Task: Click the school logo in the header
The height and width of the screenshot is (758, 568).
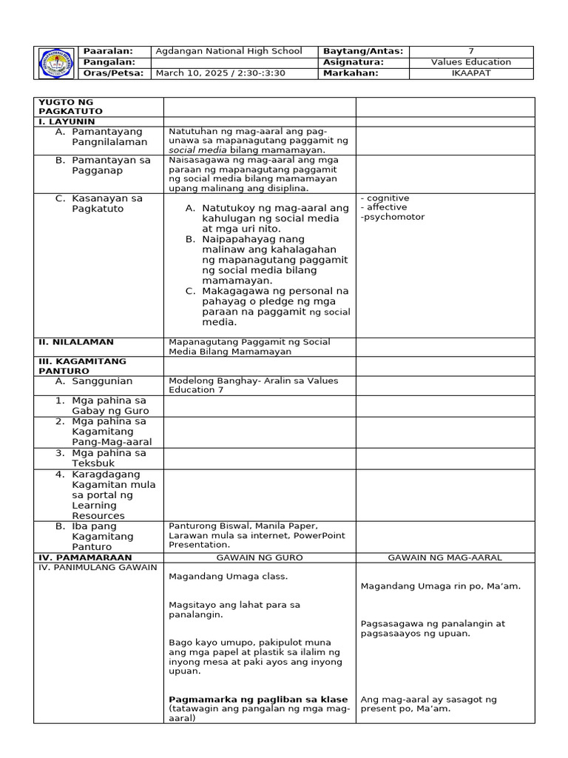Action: tap(56, 63)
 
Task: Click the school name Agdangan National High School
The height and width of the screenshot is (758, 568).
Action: tap(228, 51)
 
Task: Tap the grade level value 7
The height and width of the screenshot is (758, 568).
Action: tap(470, 51)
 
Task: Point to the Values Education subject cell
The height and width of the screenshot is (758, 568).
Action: tap(470, 62)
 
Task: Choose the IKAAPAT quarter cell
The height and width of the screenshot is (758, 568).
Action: tap(470, 73)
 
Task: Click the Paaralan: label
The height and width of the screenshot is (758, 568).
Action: tap(108, 51)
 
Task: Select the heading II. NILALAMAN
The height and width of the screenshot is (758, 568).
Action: tap(76, 342)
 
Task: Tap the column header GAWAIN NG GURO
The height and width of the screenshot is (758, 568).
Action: tap(259, 557)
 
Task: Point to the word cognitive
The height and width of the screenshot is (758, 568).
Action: tap(387, 198)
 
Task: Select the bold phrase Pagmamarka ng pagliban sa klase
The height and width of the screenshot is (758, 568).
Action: tap(258, 699)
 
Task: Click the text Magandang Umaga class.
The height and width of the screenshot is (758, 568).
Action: tap(228, 576)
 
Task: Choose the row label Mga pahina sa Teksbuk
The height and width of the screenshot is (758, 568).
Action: tap(109, 458)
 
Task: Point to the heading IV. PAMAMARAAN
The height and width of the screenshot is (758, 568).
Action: tap(85, 557)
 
